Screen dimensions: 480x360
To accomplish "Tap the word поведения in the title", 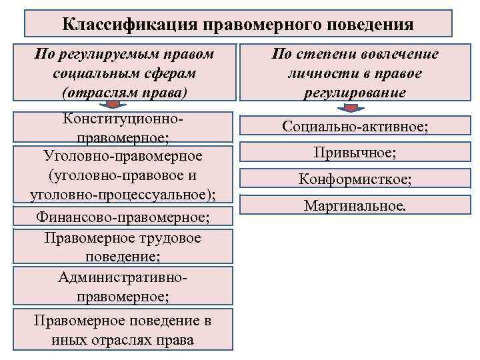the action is point(371,25).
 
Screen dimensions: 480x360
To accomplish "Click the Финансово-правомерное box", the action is point(123,217).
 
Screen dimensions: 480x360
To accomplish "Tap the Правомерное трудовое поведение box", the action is point(123,247).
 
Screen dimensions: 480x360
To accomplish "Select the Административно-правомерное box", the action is point(123,285).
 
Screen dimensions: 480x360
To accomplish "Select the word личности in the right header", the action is point(311,73).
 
